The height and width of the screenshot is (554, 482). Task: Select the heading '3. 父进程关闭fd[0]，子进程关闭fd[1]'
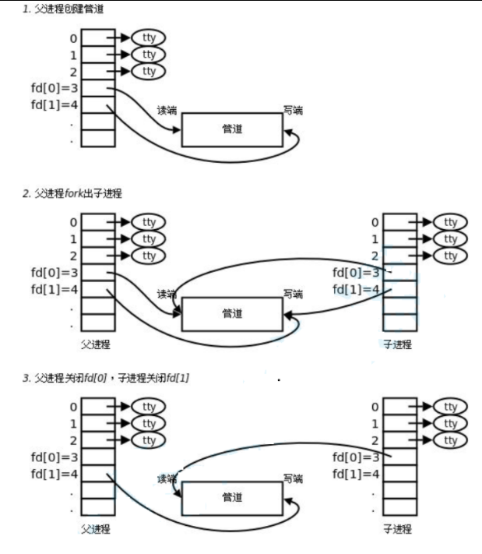click(x=106, y=377)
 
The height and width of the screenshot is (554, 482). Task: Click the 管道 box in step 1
click(x=232, y=129)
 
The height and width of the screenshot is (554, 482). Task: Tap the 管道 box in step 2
click(x=232, y=314)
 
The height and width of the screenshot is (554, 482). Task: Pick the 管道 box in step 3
click(x=232, y=497)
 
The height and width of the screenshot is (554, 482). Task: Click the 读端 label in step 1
click(x=167, y=111)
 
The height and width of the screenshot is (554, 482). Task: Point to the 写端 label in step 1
click(x=294, y=111)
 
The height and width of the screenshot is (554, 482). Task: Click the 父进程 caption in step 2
click(x=97, y=344)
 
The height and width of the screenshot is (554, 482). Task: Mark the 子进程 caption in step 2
click(x=397, y=344)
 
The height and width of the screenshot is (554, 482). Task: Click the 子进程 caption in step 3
click(x=397, y=529)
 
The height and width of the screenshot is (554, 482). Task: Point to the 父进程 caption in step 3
click(x=97, y=529)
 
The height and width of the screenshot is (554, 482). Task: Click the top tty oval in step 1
click(x=149, y=37)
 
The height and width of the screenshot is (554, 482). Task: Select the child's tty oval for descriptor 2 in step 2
click(x=450, y=256)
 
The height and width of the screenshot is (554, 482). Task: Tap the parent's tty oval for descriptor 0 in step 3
click(x=149, y=406)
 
